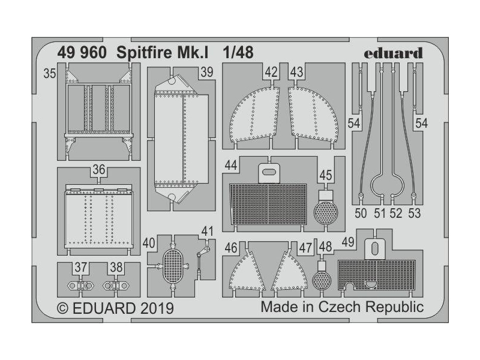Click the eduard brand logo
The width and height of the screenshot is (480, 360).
(x=393, y=53)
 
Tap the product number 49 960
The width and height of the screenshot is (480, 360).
(x=82, y=53)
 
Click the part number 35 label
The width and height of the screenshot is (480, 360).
(x=50, y=74)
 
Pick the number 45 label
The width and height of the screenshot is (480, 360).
(x=326, y=176)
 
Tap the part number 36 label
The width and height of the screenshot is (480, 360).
(x=99, y=170)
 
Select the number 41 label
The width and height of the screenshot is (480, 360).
(x=208, y=231)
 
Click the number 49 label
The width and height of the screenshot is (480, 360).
(x=347, y=243)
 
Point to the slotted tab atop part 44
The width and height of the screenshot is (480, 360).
(x=269, y=172)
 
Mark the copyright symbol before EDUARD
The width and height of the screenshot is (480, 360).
(x=62, y=309)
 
